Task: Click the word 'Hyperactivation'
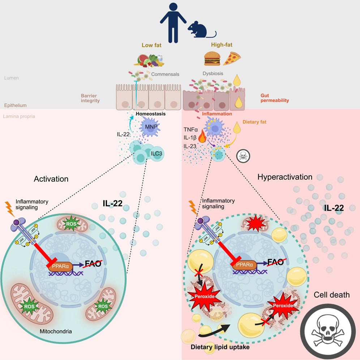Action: pos(285,177)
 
